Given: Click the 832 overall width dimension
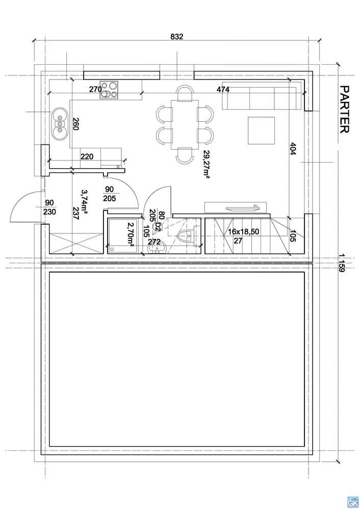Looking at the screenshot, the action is click(x=177, y=37).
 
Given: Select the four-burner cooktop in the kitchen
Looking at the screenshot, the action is click(x=109, y=90).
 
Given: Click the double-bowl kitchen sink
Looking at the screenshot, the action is click(x=60, y=124).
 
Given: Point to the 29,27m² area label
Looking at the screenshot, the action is click(x=206, y=164).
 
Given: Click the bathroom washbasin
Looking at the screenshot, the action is click(x=157, y=249).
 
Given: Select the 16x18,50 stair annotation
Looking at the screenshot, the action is click(x=243, y=232).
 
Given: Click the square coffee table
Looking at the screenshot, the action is click(x=261, y=130).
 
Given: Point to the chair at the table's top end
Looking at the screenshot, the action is click(x=185, y=93).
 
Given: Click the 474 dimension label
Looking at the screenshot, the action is click(x=223, y=89).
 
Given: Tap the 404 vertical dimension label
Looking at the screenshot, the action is click(x=293, y=149).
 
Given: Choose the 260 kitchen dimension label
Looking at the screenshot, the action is click(x=75, y=124).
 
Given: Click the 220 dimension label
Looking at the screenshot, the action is click(x=87, y=157).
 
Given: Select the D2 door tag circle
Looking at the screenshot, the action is click(x=157, y=226).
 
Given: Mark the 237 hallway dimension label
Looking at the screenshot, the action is click(x=75, y=214).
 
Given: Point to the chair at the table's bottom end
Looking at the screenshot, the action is click(x=184, y=155).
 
